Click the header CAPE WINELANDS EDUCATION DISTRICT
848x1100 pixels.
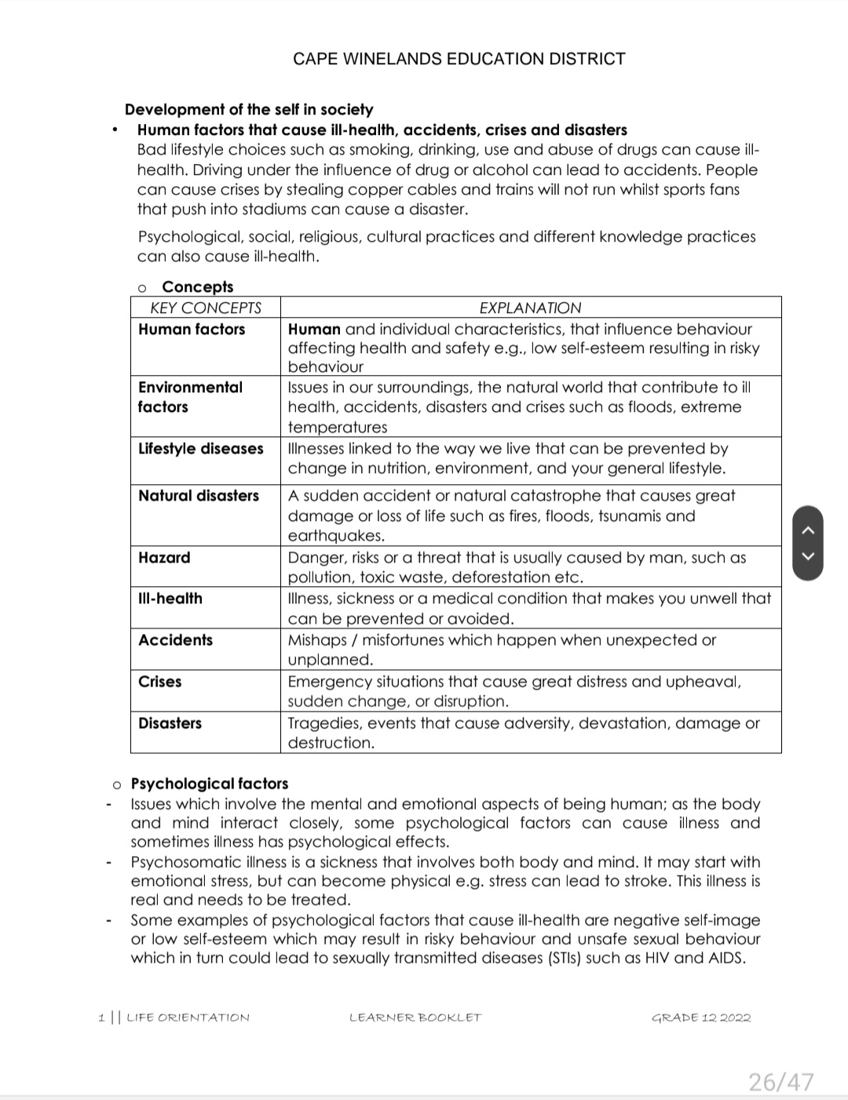(x=459, y=59)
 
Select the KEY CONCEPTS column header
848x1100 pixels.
(x=206, y=308)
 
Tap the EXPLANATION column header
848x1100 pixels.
(x=530, y=308)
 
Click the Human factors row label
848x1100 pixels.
(x=192, y=330)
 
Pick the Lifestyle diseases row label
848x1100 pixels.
(x=201, y=449)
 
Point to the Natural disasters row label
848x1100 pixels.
(x=199, y=496)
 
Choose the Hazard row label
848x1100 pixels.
(x=164, y=558)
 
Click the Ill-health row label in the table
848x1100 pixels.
(x=170, y=599)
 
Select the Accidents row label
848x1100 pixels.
(x=175, y=640)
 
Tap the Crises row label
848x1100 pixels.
(x=160, y=682)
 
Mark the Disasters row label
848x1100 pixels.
(x=170, y=723)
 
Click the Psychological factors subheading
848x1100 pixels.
(x=210, y=784)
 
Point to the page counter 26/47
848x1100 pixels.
(x=780, y=1083)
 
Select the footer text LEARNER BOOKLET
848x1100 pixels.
(x=415, y=1018)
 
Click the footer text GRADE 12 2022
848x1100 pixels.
(x=701, y=1018)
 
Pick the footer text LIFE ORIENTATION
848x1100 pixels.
(x=188, y=1018)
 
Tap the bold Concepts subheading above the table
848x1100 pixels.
(x=198, y=287)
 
